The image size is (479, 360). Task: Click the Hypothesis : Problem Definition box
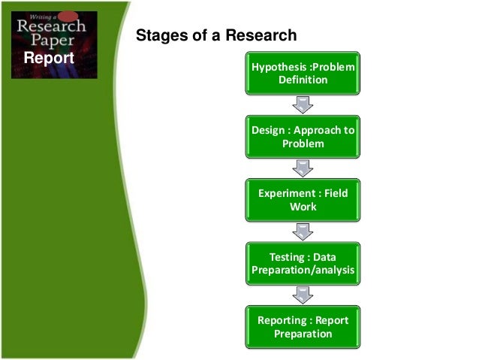click(x=303, y=73)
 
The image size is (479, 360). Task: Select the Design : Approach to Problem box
click(x=303, y=136)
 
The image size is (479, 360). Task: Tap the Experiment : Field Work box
click(x=303, y=199)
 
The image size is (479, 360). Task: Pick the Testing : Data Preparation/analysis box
click(x=303, y=262)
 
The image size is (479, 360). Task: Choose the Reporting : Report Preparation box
click(x=303, y=326)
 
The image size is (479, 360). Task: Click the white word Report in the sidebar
click(x=49, y=58)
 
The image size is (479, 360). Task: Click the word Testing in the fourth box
click(x=286, y=256)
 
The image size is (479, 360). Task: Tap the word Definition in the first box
click(x=303, y=80)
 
